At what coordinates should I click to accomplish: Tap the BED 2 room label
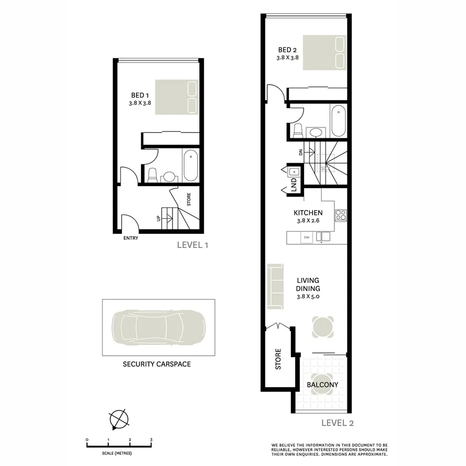coord(287,50)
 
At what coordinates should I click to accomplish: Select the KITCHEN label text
coord(308,213)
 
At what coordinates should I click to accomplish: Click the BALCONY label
coord(322,385)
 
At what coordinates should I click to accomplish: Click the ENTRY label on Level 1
coord(130,238)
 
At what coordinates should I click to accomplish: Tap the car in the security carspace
coord(158,327)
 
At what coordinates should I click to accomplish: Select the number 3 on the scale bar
coord(151,439)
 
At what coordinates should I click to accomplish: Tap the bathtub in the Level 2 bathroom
coord(337,120)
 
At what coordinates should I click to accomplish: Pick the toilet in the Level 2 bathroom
coord(297,131)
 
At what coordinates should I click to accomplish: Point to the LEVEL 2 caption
coord(337,423)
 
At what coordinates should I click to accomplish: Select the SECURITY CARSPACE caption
coord(156,364)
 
